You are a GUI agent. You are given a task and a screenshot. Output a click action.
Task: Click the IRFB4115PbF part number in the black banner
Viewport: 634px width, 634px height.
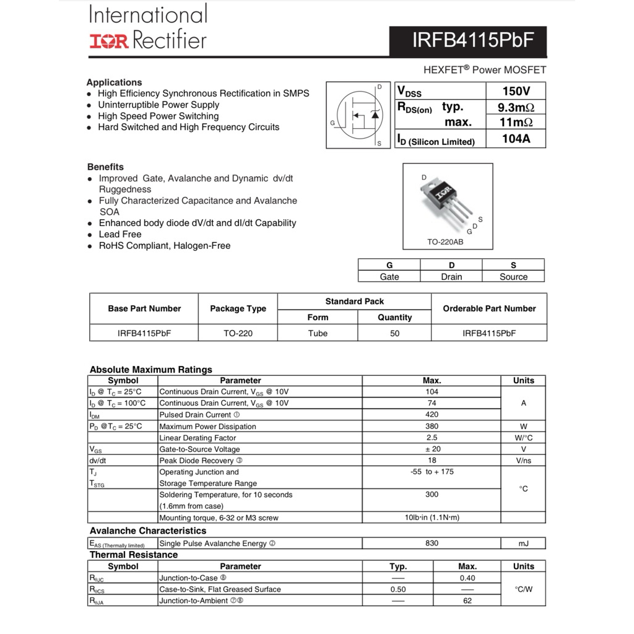[472, 41]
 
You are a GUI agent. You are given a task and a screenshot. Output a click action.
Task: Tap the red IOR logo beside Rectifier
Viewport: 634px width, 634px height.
[109, 41]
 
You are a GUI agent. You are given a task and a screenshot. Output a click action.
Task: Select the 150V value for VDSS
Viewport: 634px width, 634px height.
[516, 91]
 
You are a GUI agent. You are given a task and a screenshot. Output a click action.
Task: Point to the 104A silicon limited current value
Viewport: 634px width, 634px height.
[516, 139]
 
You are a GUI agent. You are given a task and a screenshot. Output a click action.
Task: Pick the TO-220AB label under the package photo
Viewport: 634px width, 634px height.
[445, 241]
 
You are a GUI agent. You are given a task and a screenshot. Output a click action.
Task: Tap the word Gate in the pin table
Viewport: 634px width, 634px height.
[389, 277]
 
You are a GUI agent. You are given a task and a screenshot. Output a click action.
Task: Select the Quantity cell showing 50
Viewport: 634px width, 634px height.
[394, 333]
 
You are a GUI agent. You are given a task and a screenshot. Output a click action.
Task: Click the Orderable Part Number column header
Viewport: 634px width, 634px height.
[489, 308]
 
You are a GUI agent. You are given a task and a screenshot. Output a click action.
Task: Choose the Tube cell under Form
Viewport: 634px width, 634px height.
[318, 333]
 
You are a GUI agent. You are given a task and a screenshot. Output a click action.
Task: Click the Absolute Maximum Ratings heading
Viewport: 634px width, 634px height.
[150, 370]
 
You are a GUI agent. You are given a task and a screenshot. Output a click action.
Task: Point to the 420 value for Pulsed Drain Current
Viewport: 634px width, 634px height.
[432, 415]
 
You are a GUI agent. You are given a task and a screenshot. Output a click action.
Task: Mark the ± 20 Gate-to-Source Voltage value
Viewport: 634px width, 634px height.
[432, 449]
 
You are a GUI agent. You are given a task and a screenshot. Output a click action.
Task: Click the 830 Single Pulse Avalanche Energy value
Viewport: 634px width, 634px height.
[432, 543]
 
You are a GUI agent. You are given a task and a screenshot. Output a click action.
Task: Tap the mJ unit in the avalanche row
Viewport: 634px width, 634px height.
[523, 543]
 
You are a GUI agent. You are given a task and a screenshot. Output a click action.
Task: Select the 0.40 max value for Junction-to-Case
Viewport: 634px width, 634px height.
[467, 578]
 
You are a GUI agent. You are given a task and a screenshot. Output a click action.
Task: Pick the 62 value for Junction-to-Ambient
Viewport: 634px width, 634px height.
[467, 601]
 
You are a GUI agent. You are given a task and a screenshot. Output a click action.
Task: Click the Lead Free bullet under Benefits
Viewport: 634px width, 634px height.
[120, 234]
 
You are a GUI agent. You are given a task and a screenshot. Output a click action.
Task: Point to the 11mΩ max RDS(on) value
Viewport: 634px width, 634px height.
[516, 122]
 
